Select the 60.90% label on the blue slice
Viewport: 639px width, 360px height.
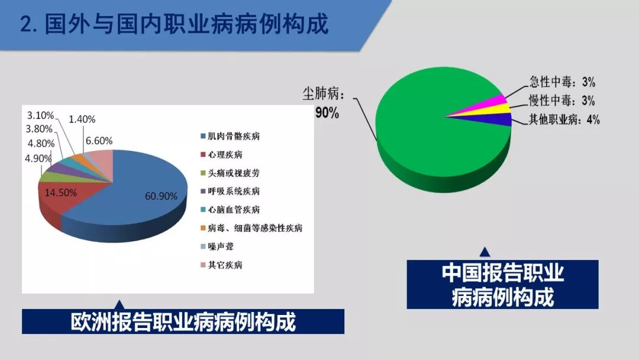click(161, 196)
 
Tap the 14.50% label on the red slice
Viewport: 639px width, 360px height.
click(61, 192)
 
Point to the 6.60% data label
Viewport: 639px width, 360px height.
click(99, 141)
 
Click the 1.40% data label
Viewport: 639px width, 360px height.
click(82, 119)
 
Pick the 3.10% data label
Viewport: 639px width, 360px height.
click(40, 115)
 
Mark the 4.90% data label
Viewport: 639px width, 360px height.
click(38, 158)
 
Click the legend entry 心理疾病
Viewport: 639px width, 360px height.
click(221, 155)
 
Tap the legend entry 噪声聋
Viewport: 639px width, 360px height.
click(217, 246)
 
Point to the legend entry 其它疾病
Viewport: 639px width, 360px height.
click(221, 265)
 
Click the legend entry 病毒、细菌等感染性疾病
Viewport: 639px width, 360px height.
click(251, 228)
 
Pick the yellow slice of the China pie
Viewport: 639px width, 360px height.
click(496, 110)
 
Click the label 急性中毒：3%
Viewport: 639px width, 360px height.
click(563, 82)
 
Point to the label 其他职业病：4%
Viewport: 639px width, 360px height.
click(564, 120)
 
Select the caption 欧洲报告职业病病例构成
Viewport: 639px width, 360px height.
click(183, 322)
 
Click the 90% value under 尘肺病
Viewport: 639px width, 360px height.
click(327, 112)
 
